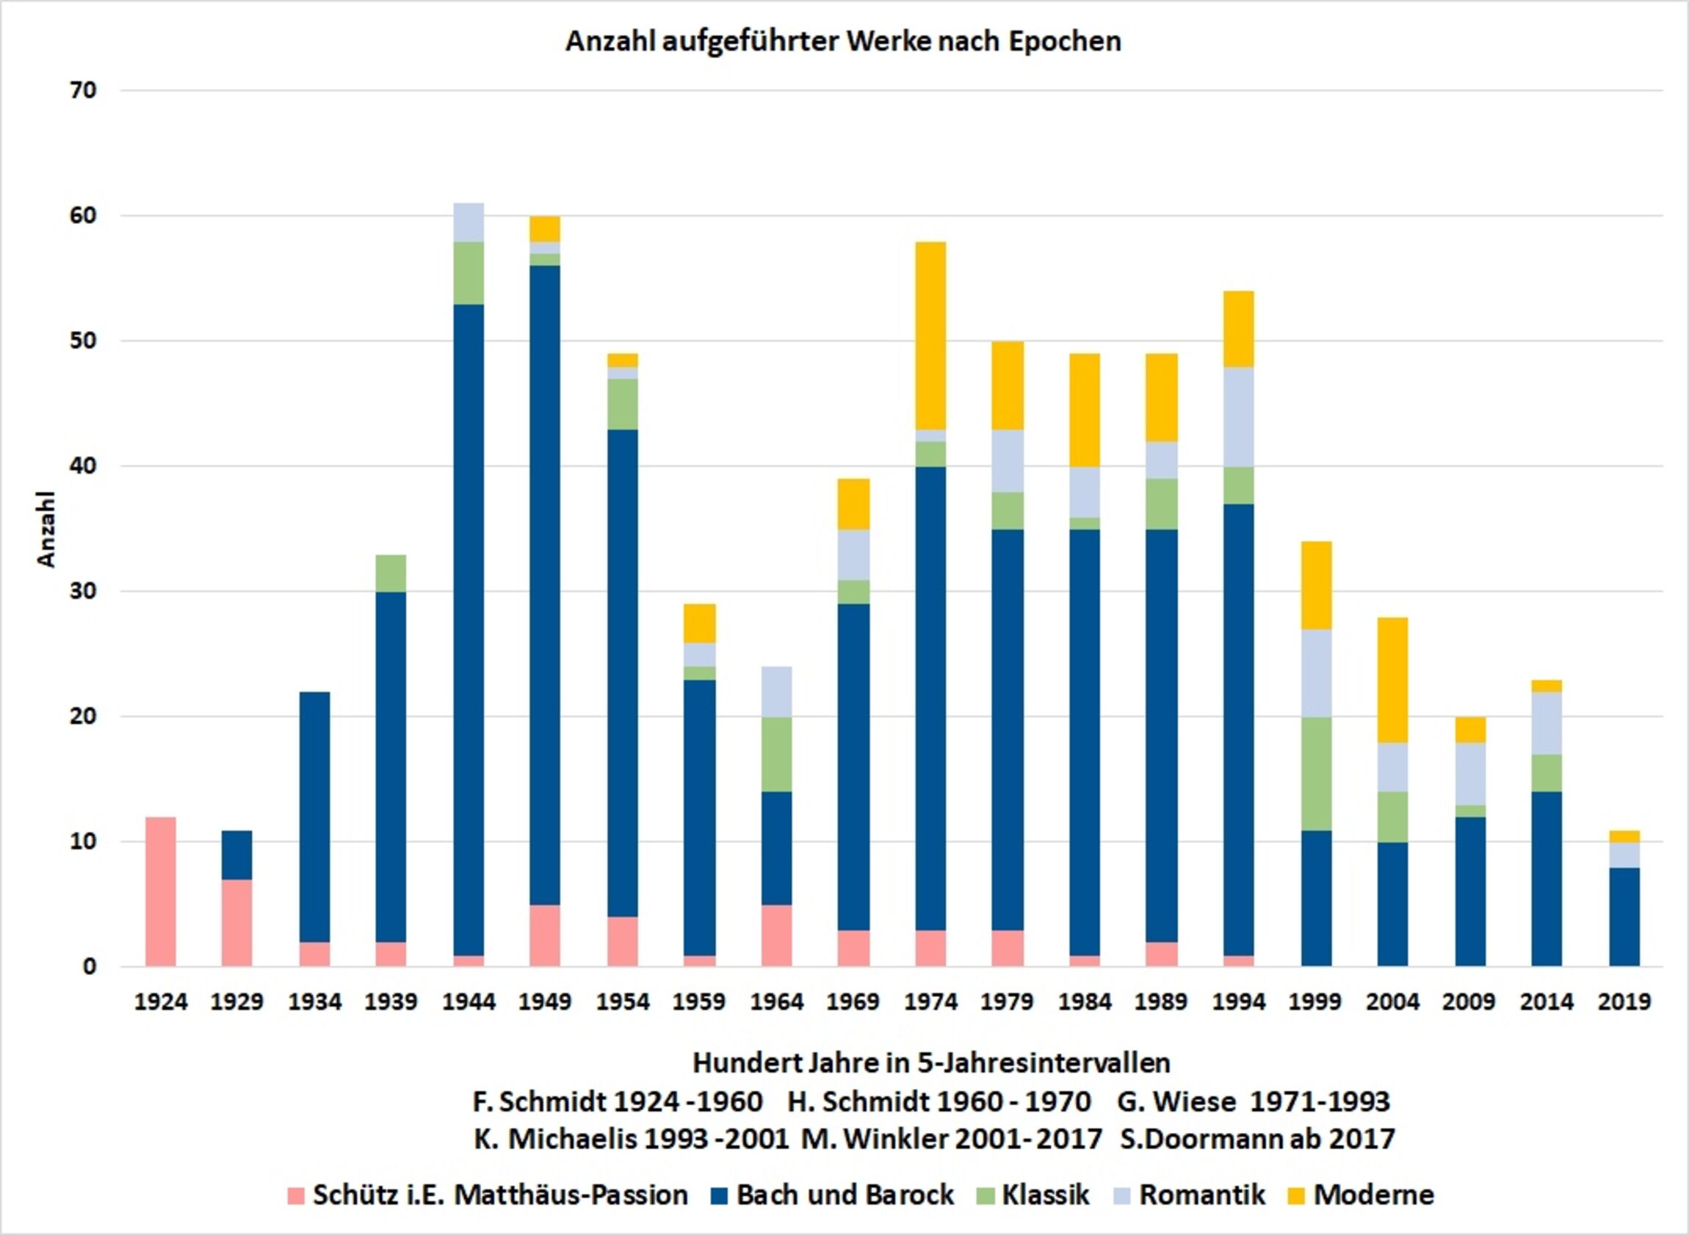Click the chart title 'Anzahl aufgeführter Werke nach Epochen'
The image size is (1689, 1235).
[x=843, y=42]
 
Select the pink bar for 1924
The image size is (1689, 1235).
[x=161, y=891]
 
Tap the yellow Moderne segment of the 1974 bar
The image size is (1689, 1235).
[x=931, y=336]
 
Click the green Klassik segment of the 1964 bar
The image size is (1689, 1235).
[x=777, y=753]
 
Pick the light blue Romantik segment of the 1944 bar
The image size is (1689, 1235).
[x=469, y=222]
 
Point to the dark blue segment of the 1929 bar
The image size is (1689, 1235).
[x=237, y=855]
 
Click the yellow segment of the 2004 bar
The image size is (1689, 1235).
[x=1393, y=680]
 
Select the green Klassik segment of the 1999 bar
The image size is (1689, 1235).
[x=1316, y=773]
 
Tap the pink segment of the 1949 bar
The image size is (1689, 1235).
[x=545, y=935]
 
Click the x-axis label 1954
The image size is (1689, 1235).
[x=623, y=1002]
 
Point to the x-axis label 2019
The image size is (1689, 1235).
[x=1623, y=1002]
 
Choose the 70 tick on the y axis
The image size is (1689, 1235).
[x=84, y=90]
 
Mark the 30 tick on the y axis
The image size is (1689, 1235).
[x=84, y=591]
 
